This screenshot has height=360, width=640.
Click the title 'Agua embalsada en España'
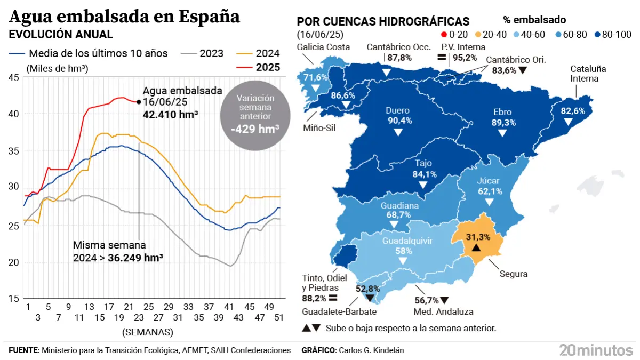tap(124, 17)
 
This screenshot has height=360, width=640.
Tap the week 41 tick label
tap(229, 307)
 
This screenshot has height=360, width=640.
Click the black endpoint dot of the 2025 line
tap(139, 101)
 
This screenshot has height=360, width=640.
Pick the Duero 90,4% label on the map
tap(398, 116)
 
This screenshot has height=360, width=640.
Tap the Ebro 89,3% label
tap(502, 117)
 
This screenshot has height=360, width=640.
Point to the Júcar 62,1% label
tap(489, 186)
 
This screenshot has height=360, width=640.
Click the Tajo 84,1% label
tap(425, 169)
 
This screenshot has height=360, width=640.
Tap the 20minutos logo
tap(595, 350)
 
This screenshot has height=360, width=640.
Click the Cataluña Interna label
tap(588, 74)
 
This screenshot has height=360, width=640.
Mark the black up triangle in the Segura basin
tap(477, 248)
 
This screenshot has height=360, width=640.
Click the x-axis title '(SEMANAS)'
tap(148, 332)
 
